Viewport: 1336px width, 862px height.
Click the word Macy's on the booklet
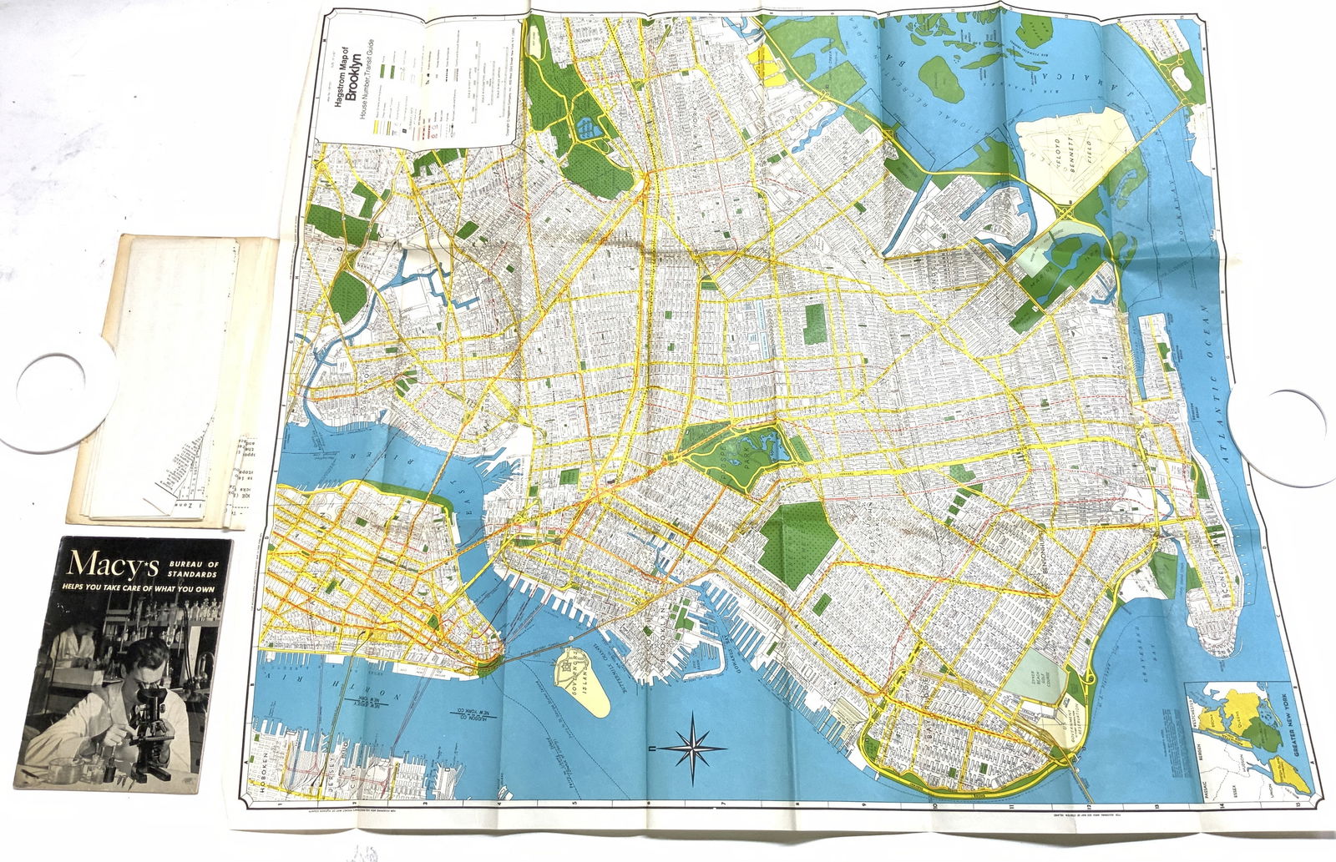[113, 565]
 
